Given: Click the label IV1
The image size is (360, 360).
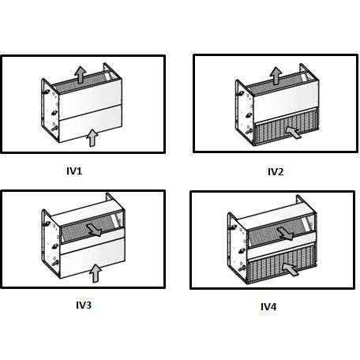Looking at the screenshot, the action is (74, 171).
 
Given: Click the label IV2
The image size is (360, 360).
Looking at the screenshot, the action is (276, 172).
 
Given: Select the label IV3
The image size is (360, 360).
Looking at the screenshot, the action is (84, 306).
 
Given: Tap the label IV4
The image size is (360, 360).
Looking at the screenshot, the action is (268, 307).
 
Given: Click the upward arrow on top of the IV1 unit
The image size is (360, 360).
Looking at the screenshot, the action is (81, 75).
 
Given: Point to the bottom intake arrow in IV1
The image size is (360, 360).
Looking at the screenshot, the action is (92, 138).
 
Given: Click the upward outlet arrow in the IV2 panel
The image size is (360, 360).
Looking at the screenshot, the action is (276, 76).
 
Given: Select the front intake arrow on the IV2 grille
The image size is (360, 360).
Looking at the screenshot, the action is (294, 133).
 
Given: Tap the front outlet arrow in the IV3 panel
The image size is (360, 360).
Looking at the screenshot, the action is (94, 230).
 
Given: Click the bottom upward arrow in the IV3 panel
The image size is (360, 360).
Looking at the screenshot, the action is (96, 274).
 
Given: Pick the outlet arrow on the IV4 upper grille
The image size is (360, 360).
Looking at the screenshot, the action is (286, 234).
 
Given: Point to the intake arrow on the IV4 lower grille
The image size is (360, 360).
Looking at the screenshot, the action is (291, 269).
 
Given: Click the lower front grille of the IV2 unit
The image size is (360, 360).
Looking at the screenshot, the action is (286, 129).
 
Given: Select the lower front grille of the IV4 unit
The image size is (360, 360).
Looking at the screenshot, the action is (282, 266).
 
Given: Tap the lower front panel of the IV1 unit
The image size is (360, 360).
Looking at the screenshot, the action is (90, 125).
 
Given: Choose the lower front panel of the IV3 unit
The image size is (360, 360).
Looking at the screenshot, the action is (92, 258).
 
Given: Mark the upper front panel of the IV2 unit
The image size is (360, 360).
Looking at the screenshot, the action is (286, 101).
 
